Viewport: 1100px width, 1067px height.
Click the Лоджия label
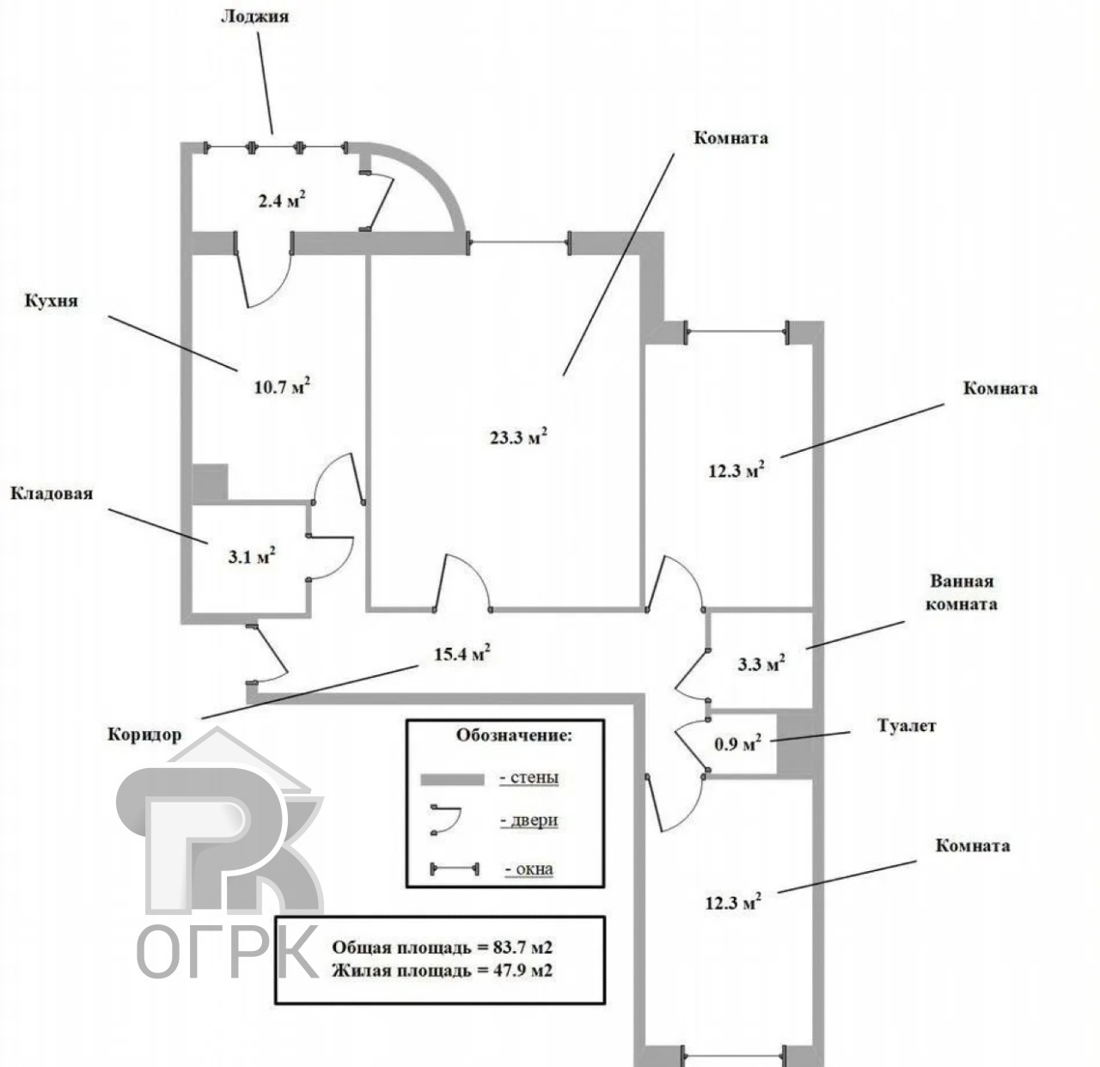click(254, 15)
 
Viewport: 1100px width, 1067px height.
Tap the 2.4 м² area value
click(282, 199)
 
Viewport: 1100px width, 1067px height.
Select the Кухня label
click(52, 300)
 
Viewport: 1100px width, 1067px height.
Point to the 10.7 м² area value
click(282, 386)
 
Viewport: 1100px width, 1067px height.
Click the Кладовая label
click(52, 493)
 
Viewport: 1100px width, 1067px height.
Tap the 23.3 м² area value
click(519, 436)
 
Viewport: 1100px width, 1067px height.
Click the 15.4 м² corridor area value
click(461, 653)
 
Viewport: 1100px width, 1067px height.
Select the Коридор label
click(144, 735)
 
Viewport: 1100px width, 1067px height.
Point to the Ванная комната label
click(961, 593)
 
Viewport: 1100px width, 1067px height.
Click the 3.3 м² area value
click(761, 663)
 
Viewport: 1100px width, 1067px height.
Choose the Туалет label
click(907, 725)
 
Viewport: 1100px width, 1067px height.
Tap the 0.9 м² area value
click(737, 743)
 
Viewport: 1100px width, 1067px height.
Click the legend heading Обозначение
click(515, 735)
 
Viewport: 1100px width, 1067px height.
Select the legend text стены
click(529, 777)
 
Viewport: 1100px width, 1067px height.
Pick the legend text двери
click(529, 820)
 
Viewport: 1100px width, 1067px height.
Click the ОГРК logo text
click(229, 952)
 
